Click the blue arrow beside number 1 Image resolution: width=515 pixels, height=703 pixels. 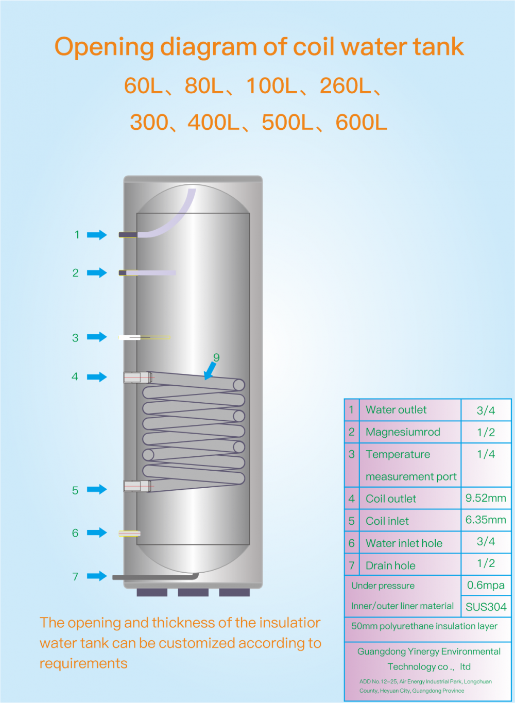coord(97,235)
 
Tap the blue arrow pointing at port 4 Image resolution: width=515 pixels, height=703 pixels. coord(97,377)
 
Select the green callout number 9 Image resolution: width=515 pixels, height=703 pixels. coord(216,357)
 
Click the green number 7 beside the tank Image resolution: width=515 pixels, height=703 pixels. coord(75,576)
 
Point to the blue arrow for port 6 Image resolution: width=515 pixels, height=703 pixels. coord(97,533)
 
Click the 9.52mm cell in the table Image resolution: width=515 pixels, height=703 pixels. coord(486,498)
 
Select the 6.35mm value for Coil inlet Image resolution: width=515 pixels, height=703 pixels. coord(486,520)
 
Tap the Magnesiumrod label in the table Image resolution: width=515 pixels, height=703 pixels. coord(403,432)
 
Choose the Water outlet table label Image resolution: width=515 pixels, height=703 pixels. coord(396,410)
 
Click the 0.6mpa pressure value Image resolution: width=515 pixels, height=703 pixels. coord(486,585)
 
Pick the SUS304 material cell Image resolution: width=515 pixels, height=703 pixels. coord(486,607)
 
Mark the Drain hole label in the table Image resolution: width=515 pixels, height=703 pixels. coord(390,565)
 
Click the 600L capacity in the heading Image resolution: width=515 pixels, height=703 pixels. coord(361,123)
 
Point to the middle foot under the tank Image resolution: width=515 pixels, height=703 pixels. coord(193,592)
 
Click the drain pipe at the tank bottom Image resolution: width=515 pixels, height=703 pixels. coord(154,577)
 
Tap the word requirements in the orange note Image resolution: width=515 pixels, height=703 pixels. coord(83,663)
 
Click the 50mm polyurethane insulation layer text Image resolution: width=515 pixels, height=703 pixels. coord(424,626)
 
